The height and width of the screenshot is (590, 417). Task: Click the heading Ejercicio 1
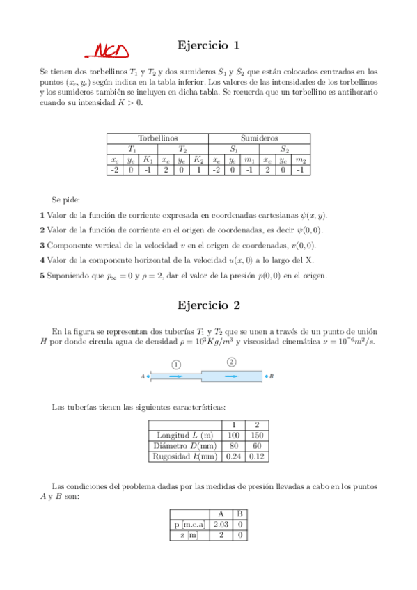208,45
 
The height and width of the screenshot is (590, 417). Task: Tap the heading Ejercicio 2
208,304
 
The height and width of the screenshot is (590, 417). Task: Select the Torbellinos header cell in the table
157,138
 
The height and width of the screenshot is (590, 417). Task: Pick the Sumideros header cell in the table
259,138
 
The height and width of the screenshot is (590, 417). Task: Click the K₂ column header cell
198,159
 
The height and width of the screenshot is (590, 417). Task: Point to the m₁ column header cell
249,159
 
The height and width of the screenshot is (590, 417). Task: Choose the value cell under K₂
198,169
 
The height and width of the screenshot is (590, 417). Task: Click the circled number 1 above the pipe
176,364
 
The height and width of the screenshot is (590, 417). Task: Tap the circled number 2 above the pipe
231,362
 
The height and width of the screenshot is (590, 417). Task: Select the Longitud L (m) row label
184,435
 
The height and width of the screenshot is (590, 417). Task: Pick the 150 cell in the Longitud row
257,435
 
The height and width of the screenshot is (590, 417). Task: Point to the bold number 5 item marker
42,276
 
